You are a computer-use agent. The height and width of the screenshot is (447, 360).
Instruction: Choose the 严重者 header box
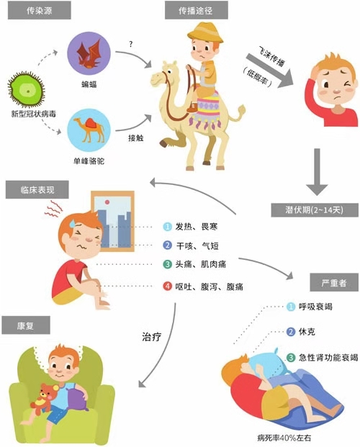[330, 283]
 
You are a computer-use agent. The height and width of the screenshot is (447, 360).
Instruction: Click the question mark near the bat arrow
[131, 45]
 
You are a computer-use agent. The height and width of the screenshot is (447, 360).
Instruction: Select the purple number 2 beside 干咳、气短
[168, 246]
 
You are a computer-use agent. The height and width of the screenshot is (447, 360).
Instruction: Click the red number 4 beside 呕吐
[168, 286]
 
